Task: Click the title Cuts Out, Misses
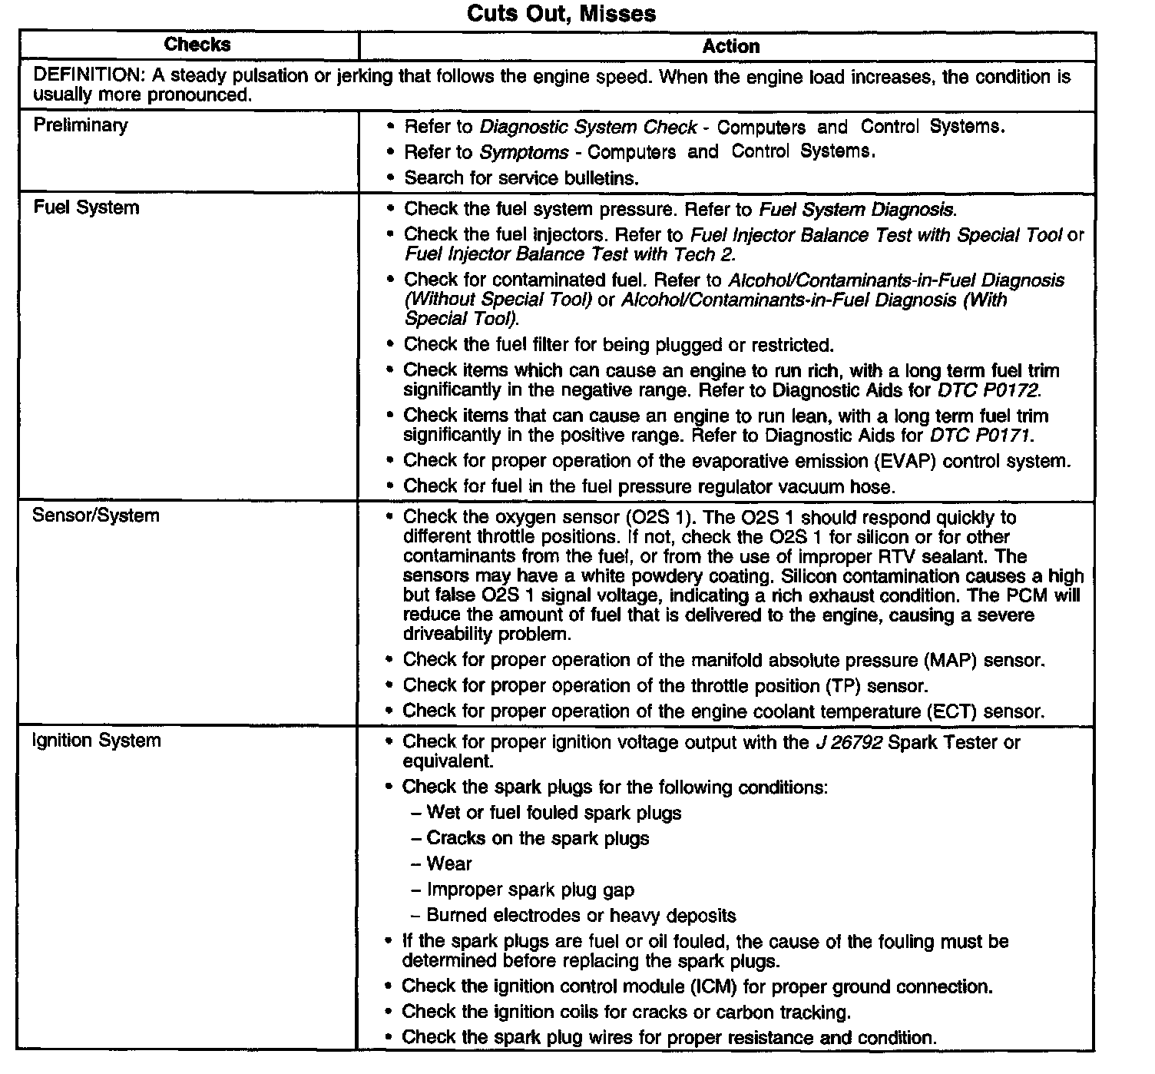coord(561,14)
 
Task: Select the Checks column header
coord(197,45)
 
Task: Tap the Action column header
coord(730,47)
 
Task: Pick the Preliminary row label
coord(81,125)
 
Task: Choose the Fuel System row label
coord(86,207)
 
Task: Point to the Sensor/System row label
coord(96,515)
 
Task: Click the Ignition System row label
coord(97,741)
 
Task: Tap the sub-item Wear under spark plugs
coord(449,864)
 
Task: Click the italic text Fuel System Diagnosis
coord(858,209)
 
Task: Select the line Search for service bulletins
coord(521,177)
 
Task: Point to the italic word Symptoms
coord(524,152)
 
